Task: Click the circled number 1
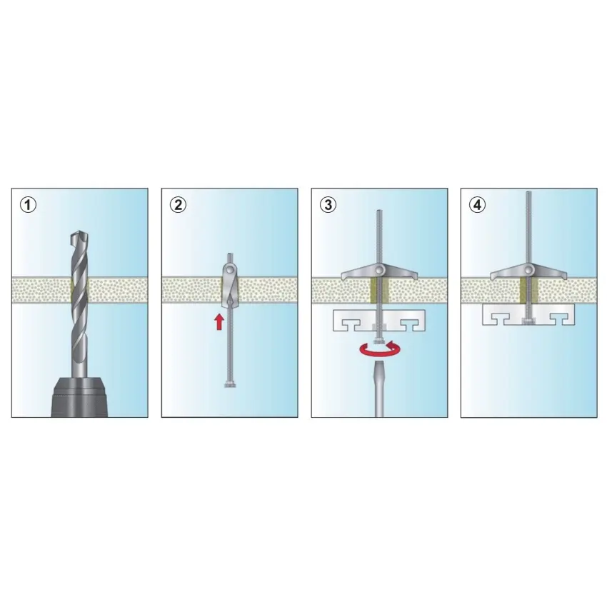pyautogui.click(x=28, y=204)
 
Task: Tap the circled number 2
pyautogui.click(x=178, y=204)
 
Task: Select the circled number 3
pyautogui.click(x=328, y=204)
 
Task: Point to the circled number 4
pyautogui.click(x=477, y=204)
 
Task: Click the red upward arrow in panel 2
pyautogui.click(x=219, y=321)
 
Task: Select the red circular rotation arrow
pyautogui.click(x=380, y=350)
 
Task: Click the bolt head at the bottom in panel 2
pyautogui.click(x=230, y=384)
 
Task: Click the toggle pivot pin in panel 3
pyautogui.click(x=379, y=269)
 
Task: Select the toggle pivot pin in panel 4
pyautogui.click(x=528, y=269)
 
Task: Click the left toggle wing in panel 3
pyautogui.click(x=358, y=272)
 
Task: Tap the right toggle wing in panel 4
pyautogui.click(x=550, y=272)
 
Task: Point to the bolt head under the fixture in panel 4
pyautogui.click(x=528, y=321)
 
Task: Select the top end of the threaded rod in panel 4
pyautogui.click(x=528, y=191)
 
